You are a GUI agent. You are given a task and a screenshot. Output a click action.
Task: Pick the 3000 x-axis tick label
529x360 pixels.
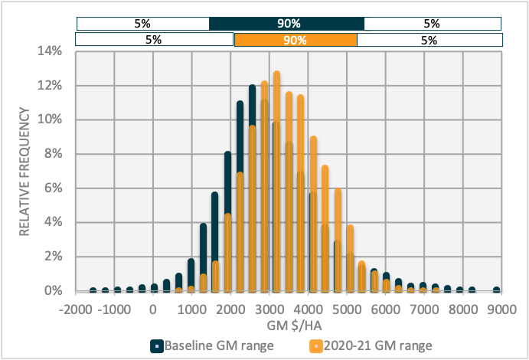[269, 309]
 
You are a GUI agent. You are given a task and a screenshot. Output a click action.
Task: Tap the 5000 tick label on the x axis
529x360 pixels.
[347, 309]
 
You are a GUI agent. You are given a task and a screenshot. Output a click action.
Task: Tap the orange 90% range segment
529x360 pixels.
[296, 40]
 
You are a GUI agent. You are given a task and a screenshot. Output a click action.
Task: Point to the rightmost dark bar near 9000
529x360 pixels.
[496, 290]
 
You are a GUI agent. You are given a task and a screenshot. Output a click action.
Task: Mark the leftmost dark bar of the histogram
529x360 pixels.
[93, 290]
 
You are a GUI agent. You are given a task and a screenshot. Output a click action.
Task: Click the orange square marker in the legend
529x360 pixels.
[313, 345]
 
